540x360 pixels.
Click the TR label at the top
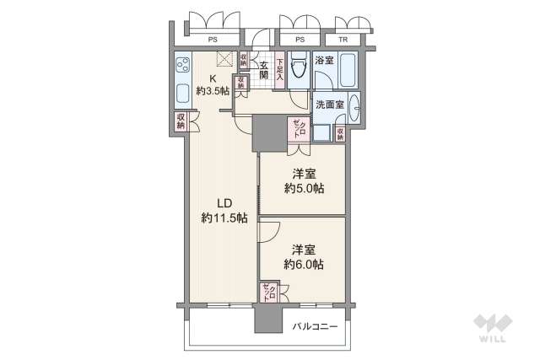tap(343, 40)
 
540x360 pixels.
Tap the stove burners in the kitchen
tap(183, 64)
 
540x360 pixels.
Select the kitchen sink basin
tap(183, 93)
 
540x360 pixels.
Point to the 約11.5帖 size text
tap(224, 218)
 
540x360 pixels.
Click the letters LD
tap(224, 203)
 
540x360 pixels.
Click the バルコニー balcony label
tap(316, 325)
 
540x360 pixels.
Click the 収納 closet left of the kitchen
tap(181, 121)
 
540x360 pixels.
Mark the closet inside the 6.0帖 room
tap(272, 293)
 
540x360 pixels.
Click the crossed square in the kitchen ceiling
tap(225, 59)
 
